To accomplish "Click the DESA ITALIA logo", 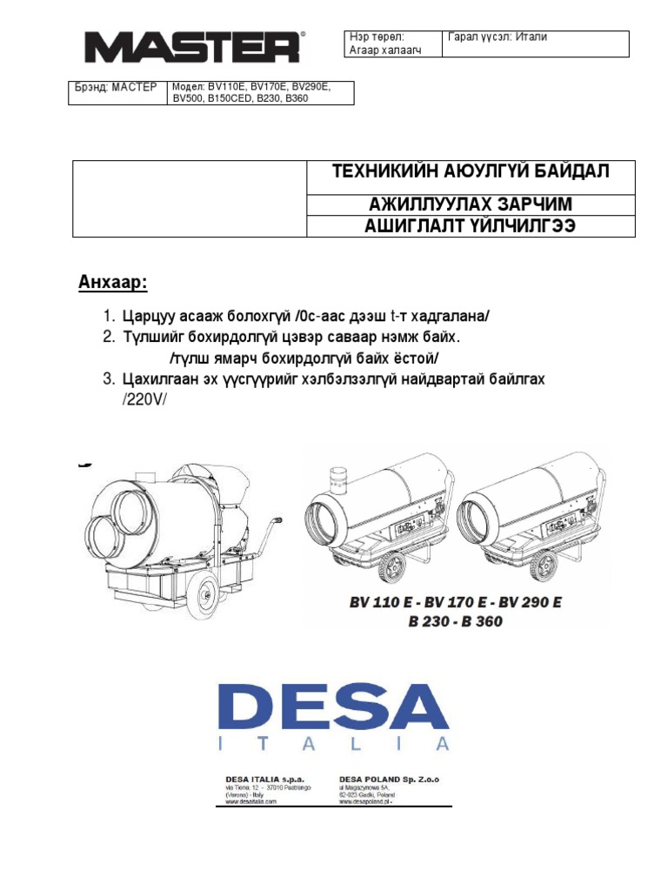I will pos(334,716).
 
